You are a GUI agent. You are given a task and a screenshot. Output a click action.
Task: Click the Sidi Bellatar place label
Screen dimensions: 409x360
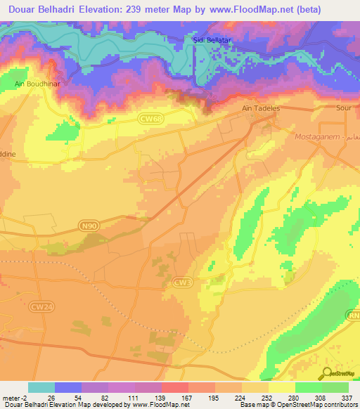pyautogui.click(x=214, y=40)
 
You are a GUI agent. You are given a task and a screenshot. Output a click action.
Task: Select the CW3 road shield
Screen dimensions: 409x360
pyautogui.click(x=181, y=282)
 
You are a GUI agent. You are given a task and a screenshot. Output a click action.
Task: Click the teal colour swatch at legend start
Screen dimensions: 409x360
pyautogui.click(x=41, y=387)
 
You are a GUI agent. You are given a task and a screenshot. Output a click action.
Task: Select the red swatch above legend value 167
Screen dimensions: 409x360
pyautogui.click(x=174, y=387)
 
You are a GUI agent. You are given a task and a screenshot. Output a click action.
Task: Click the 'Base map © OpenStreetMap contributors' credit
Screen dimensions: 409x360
pyautogui.click(x=298, y=405)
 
